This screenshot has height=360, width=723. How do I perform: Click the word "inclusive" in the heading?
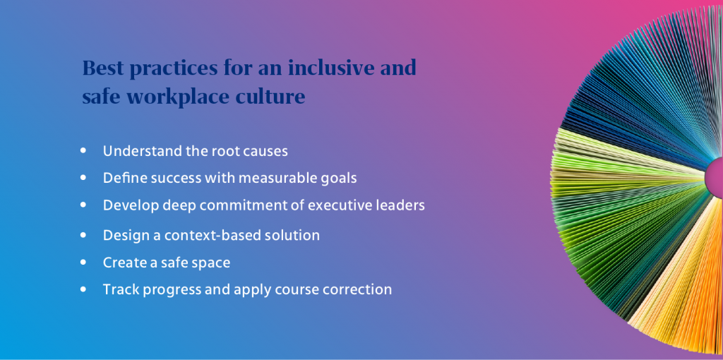coord(329,69)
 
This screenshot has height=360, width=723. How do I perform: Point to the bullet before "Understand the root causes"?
coord(85,151)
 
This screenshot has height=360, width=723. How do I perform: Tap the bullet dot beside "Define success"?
coord(85,178)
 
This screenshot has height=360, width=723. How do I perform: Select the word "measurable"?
coord(297,178)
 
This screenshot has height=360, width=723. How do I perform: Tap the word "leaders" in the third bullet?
coord(401,205)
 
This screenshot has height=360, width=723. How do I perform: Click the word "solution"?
coord(291,235)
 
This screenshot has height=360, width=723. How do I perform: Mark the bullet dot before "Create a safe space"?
coord(85,263)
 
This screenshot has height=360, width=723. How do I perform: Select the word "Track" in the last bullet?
coord(119,289)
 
